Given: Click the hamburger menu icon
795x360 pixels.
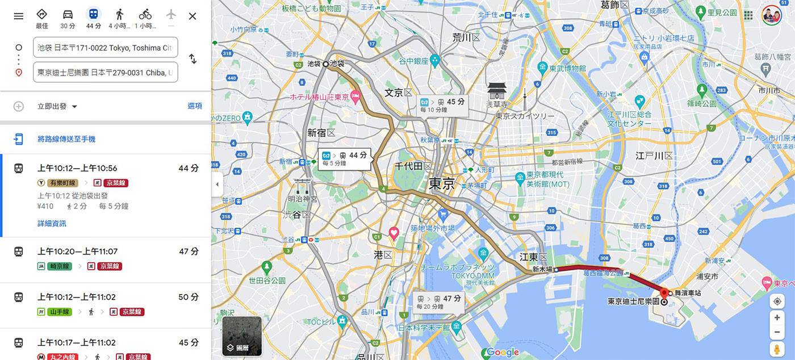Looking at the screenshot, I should [x=19, y=16].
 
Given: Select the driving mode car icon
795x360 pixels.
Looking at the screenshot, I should [x=68, y=15].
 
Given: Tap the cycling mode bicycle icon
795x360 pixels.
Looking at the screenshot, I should [x=145, y=15].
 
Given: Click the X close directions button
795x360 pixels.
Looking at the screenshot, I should [x=193, y=16].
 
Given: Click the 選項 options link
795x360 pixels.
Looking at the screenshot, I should [x=195, y=106].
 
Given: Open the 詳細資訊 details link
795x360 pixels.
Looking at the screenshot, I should [x=52, y=224].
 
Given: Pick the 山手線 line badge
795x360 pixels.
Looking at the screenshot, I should [x=58, y=312].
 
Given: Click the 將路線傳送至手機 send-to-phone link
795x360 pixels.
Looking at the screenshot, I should [x=66, y=139].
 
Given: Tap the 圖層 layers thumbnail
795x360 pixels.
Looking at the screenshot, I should [x=242, y=336].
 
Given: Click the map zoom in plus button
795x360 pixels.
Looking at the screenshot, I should [x=777, y=317].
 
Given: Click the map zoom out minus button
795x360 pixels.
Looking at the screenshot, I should [x=777, y=332].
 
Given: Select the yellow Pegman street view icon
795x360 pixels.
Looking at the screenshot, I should [x=777, y=349].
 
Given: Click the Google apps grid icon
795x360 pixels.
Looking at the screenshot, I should [x=748, y=15].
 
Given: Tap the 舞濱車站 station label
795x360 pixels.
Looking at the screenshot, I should [x=688, y=294].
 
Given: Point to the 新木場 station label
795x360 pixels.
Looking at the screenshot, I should [x=542, y=270].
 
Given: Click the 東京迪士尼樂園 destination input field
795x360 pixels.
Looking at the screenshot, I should [x=106, y=73].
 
